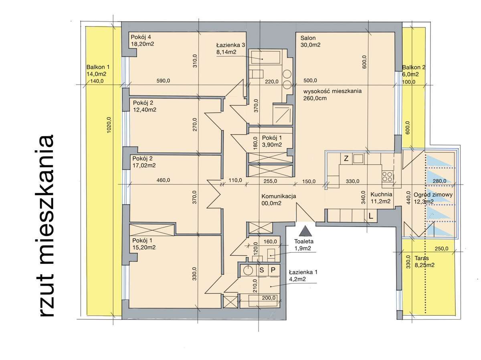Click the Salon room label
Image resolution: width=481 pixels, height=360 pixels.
coord(308,38)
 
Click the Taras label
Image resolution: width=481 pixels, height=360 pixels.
coord(422,258)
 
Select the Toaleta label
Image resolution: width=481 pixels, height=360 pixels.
coord(303,241)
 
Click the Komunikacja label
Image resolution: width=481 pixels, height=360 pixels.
coord(279,197)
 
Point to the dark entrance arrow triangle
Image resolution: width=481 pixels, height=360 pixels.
coord(305,231)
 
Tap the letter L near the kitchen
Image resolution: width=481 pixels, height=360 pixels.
coord(371,216)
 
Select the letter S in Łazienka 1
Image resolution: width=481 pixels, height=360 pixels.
coord(262,270)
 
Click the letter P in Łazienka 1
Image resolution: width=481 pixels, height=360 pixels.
coord(273,270)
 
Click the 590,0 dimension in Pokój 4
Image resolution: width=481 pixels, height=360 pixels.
coord(163,81)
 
